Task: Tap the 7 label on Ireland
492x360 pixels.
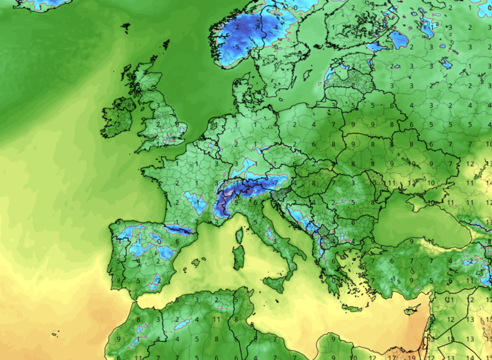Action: pos(118,124)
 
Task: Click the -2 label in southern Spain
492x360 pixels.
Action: pos(157,279)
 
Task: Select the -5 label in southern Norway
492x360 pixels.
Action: pos(237,47)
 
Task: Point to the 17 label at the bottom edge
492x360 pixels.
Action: pos(393,357)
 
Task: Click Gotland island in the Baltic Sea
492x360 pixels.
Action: pos(307,75)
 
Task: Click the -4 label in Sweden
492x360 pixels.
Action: pos(275,28)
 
